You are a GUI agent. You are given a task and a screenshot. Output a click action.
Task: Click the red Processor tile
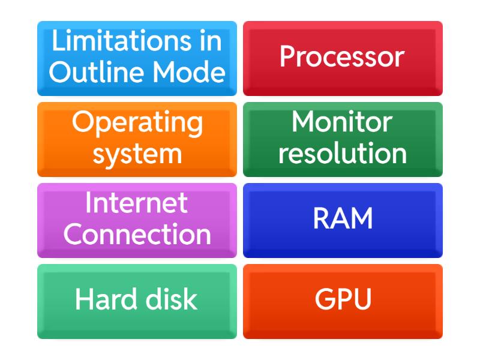tap(343, 58)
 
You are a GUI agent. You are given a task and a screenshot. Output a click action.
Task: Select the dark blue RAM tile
tap(343, 220)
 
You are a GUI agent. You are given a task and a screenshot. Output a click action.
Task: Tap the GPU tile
tap(343, 302)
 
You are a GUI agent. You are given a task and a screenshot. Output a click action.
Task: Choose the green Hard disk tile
tap(137, 302)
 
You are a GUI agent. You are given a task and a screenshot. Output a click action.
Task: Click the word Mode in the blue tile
tap(189, 72)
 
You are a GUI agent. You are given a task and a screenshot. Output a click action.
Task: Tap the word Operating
tap(137, 124)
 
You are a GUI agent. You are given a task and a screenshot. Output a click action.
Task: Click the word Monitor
tap(342, 122)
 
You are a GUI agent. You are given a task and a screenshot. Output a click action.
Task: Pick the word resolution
tap(343, 153)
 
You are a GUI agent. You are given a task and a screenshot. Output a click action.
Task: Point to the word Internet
tap(137, 202)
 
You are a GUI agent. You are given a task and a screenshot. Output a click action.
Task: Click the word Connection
tap(137, 234)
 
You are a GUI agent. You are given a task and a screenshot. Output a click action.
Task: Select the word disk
tap(172, 299)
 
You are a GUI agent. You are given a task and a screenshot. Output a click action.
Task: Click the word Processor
tap(342, 56)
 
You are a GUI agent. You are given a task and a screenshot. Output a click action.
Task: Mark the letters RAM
tap(343, 218)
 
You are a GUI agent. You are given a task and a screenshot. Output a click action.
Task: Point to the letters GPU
tap(343, 299)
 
